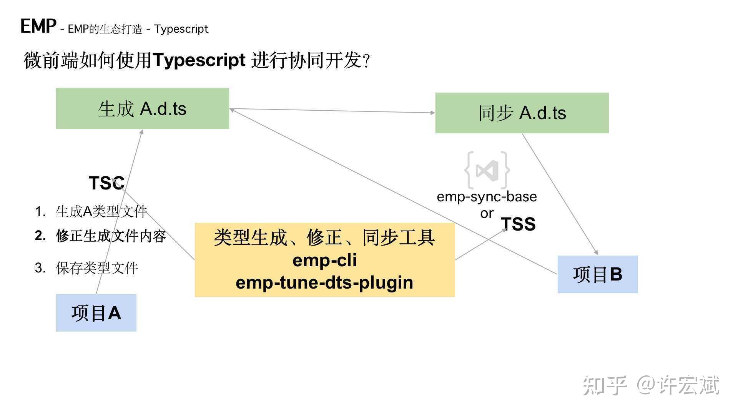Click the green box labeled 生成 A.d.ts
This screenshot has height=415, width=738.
click(142, 109)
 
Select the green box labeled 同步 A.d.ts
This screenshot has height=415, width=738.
click(522, 113)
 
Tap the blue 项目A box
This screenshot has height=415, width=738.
click(96, 313)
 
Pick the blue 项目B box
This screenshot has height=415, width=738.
click(597, 274)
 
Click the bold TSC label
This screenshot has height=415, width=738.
click(106, 183)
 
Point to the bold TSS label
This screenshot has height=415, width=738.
click(518, 224)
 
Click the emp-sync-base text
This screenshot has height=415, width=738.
click(487, 196)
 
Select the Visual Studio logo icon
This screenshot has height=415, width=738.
click(487, 170)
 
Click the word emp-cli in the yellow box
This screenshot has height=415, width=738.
click(324, 260)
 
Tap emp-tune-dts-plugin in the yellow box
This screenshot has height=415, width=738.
click(324, 282)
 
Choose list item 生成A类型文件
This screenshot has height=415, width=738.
click(101, 211)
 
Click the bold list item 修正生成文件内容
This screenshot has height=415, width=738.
click(111, 236)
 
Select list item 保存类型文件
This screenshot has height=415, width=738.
click(96, 268)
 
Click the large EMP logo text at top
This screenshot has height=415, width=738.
click(38, 26)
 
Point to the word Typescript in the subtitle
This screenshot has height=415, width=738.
click(181, 29)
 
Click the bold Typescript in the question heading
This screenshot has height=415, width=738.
click(199, 60)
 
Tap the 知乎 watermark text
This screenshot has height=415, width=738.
click(605, 385)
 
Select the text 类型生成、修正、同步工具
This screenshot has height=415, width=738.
click(324, 237)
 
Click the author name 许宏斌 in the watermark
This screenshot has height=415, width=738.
click(688, 385)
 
